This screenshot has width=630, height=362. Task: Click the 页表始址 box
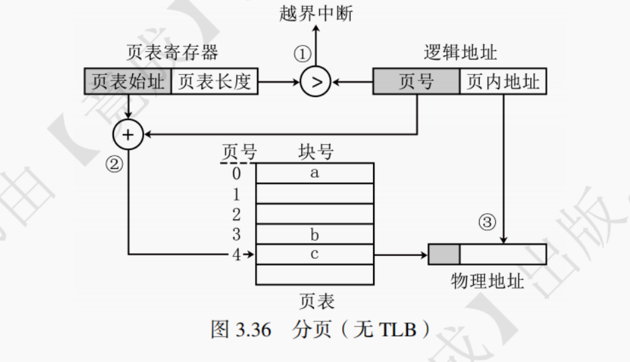click(127, 82)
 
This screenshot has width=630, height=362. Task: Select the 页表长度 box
click(214, 82)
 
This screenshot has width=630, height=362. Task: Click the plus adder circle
click(128, 135)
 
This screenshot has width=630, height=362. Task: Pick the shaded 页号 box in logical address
click(416, 82)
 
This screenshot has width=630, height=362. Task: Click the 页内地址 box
click(503, 82)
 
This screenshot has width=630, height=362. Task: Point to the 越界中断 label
click(316, 14)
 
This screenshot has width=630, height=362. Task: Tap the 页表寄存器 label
click(172, 53)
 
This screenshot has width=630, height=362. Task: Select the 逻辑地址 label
click(460, 53)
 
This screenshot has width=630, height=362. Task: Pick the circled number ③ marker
click(488, 223)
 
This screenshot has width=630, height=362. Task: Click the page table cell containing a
click(315, 173)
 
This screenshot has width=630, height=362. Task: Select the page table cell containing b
click(315, 234)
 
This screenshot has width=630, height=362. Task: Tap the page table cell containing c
click(315, 254)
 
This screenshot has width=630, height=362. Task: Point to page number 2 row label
click(235, 215)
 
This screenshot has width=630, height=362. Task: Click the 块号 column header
click(315, 152)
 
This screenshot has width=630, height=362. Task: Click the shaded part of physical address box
click(444, 254)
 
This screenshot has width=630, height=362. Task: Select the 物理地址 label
click(487, 280)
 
